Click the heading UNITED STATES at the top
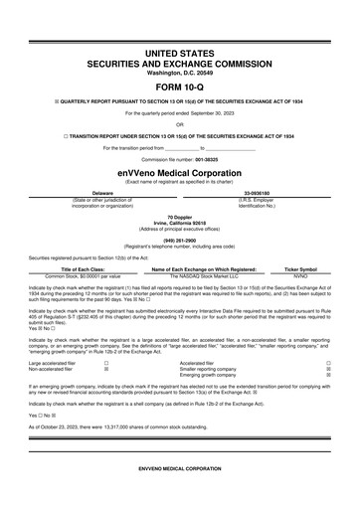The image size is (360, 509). point(180,50)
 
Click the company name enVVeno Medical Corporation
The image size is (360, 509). point(180,171)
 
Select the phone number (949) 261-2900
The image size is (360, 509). point(180,240)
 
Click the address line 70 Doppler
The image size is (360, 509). point(180,216)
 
